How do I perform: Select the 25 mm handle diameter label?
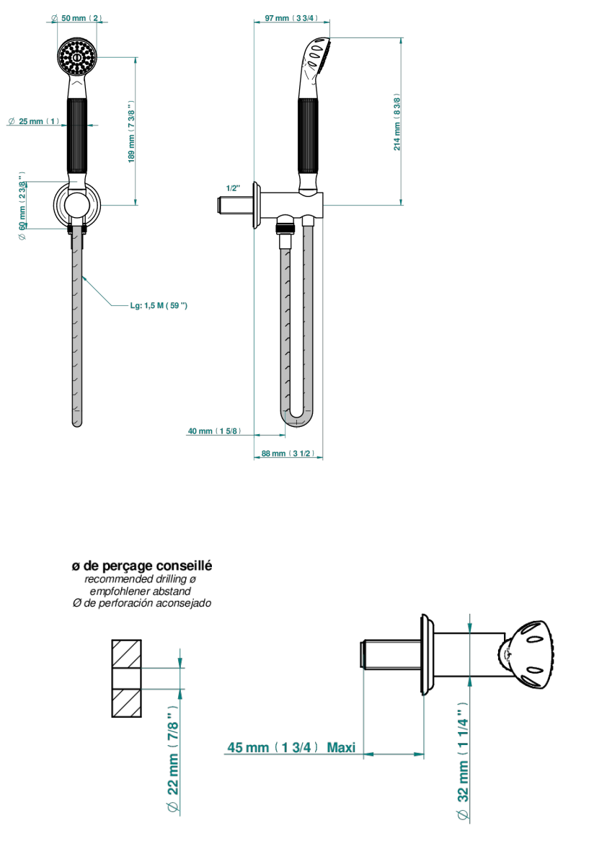(34, 121)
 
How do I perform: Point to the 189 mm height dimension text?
(131, 131)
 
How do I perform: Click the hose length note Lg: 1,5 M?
(159, 306)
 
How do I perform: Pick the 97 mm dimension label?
(291, 18)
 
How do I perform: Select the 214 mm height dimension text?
(397, 121)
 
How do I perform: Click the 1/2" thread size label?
(233, 188)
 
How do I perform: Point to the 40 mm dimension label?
(214, 431)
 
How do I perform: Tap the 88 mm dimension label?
(288, 453)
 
